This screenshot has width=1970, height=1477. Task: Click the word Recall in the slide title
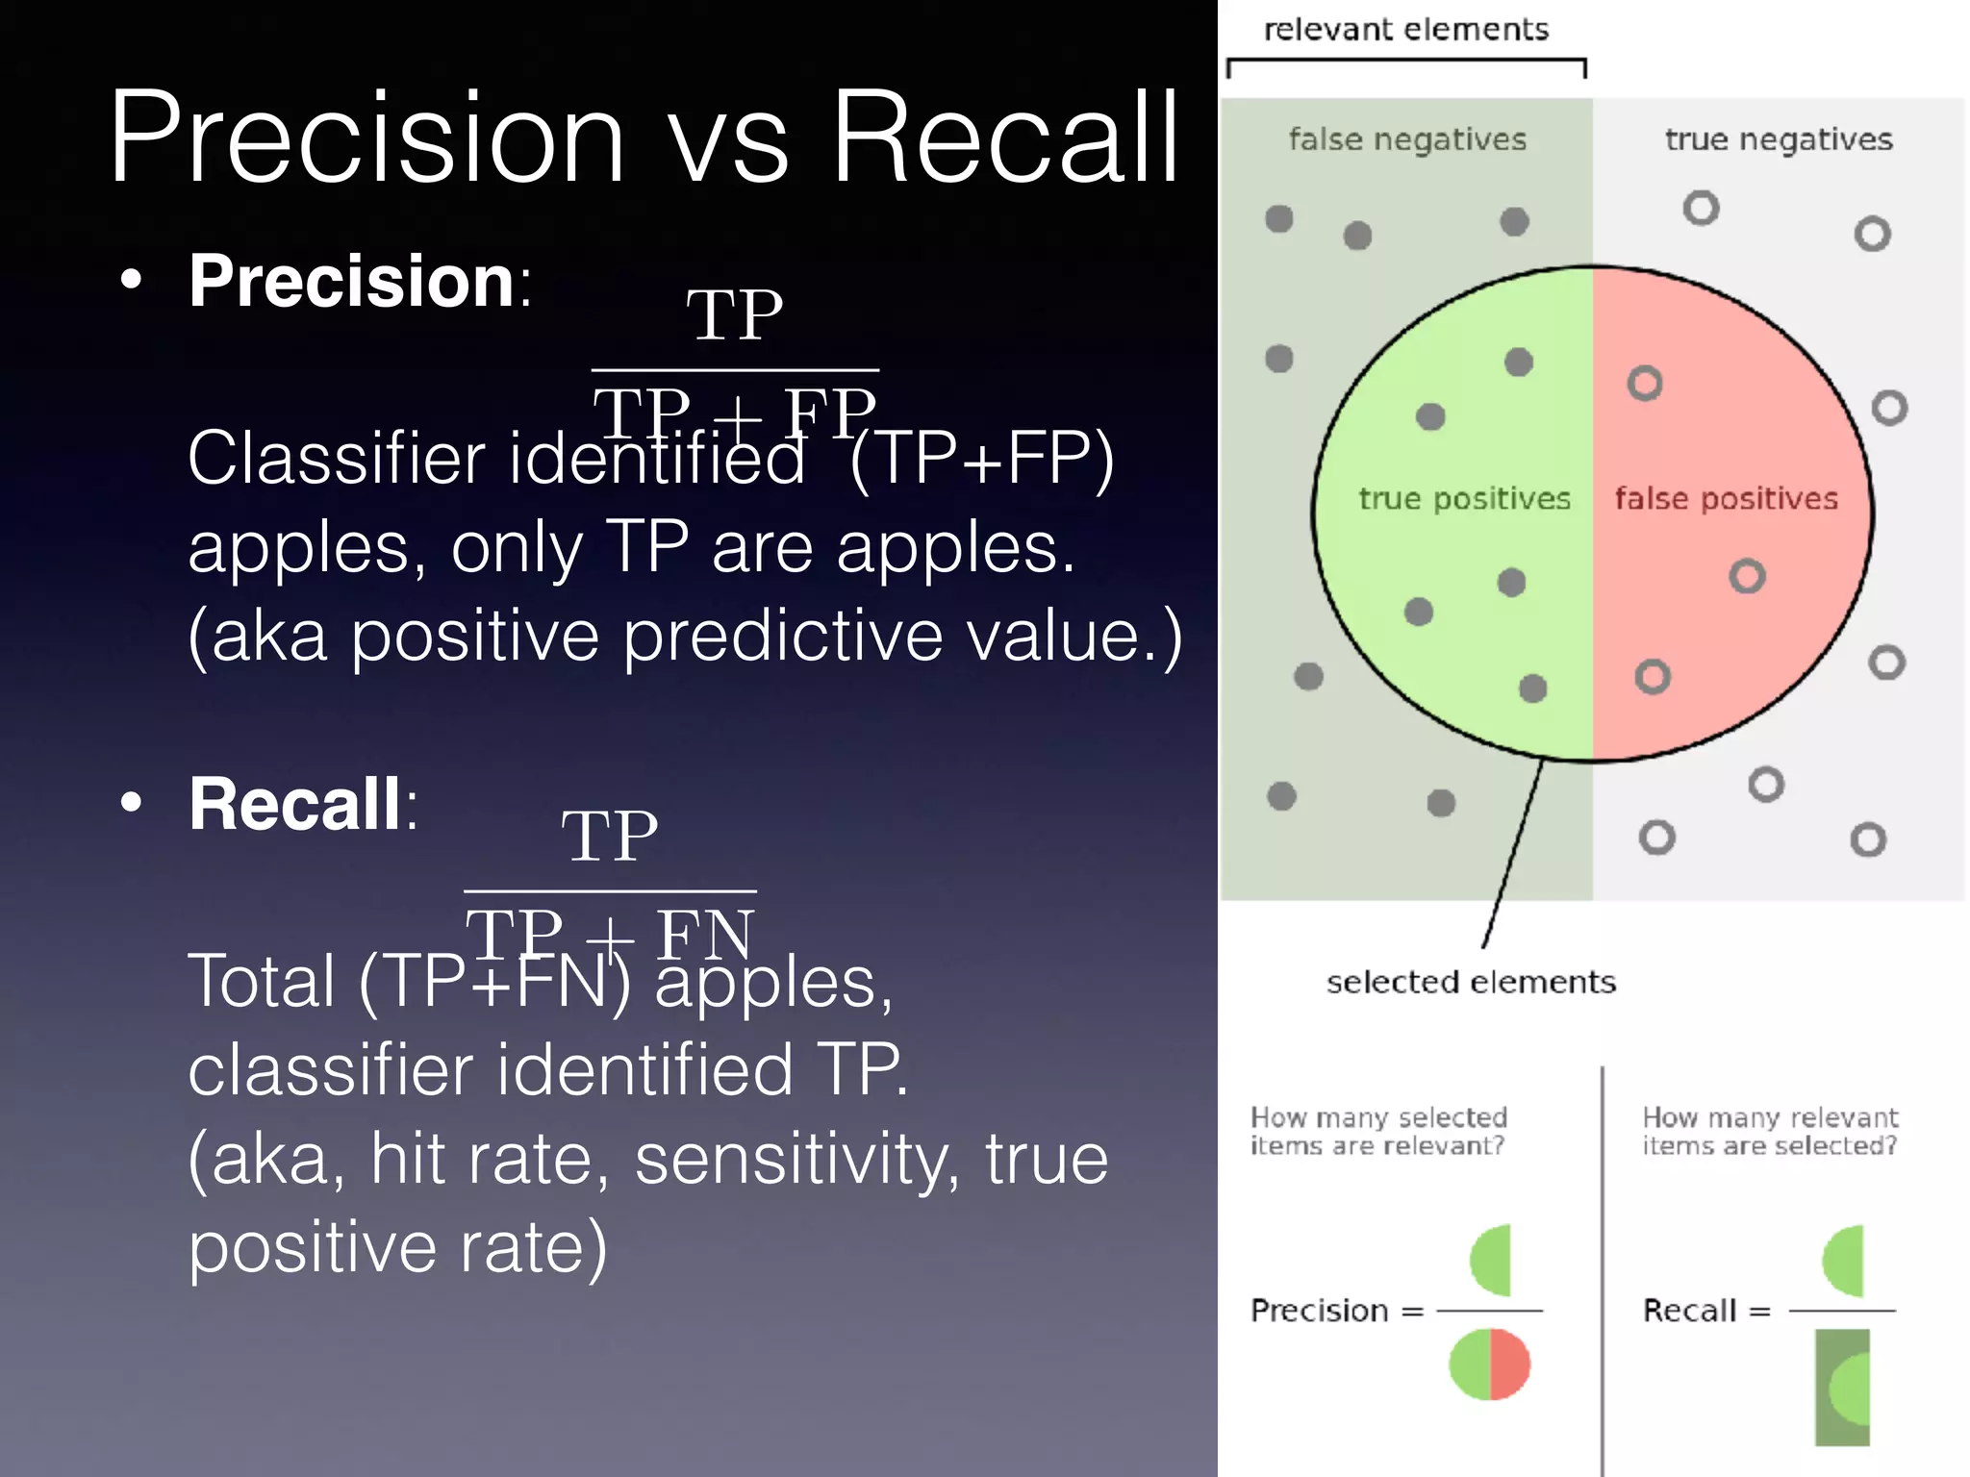coord(1004,138)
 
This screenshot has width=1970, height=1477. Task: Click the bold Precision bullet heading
coord(352,281)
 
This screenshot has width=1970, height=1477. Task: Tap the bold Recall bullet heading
coord(294,804)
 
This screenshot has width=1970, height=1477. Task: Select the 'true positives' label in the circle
coord(1464,498)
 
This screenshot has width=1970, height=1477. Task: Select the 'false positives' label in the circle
coord(1726,498)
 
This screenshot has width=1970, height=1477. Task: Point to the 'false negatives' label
coord(1407,140)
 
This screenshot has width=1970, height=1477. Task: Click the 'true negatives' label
coord(1779,140)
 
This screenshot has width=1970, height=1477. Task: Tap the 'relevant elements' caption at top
coord(1405,30)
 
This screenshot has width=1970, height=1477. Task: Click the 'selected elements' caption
coord(1471,982)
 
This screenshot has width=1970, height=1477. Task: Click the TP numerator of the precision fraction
coord(735,315)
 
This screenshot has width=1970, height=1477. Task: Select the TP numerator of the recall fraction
coord(610,836)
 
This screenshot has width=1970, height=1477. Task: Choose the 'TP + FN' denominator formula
coord(610,933)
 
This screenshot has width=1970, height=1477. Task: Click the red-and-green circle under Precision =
coord(1489,1364)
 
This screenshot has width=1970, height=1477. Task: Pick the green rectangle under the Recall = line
coord(1842,1387)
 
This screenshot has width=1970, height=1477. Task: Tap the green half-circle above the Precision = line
coord(1492,1260)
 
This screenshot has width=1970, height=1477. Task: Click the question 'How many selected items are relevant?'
coord(1378,1131)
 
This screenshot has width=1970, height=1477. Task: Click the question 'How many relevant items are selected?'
coord(1770,1131)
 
